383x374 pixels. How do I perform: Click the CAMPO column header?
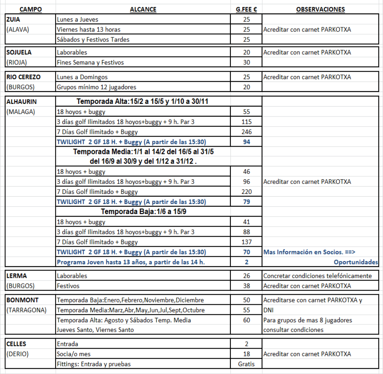30,9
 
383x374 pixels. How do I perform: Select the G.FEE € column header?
247,9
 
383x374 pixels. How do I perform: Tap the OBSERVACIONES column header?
320,9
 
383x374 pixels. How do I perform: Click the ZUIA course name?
13,19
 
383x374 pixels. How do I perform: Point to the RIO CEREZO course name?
24,77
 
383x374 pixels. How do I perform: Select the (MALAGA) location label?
21,112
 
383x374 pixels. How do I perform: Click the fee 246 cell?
247,132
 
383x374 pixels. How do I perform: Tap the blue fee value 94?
247,142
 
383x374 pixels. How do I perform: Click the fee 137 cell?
247,242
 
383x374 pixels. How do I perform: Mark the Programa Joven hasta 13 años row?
131,262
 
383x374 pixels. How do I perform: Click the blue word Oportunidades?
356,262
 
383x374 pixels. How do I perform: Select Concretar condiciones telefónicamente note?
317,276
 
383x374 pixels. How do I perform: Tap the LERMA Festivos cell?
68,286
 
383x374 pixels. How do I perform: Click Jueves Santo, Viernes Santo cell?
95,330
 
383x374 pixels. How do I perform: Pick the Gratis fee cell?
247,364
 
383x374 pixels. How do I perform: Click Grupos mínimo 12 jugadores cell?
96,87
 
